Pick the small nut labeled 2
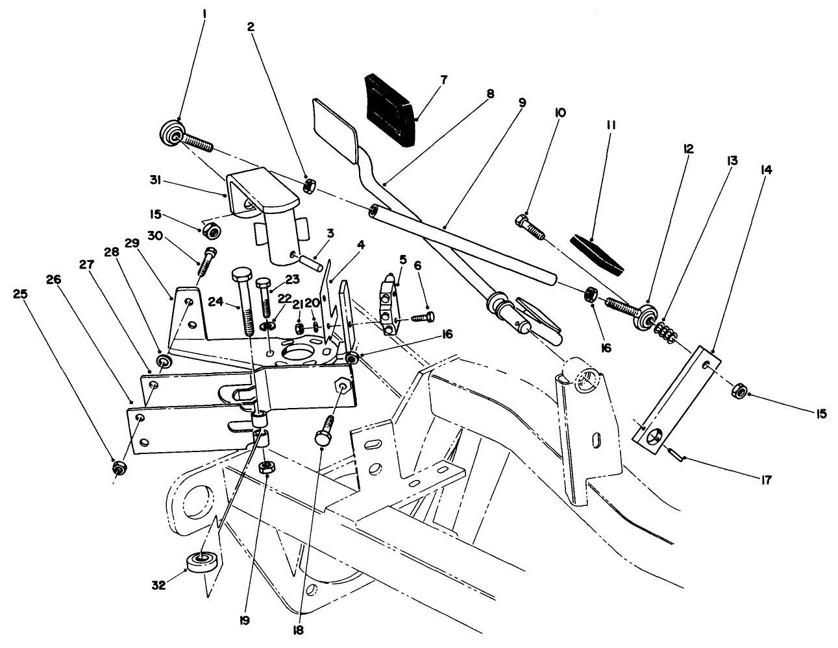click(x=310, y=187)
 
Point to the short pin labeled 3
click(x=310, y=263)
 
